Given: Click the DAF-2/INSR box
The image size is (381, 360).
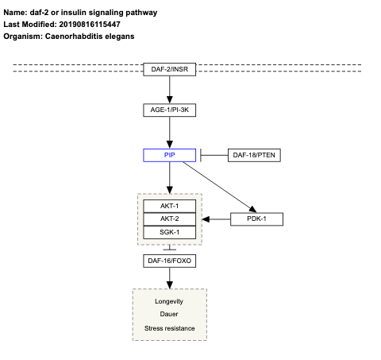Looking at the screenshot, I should click(169, 70).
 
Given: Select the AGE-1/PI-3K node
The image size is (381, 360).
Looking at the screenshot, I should click(169, 110).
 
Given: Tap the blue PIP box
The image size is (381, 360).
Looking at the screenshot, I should click(169, 155).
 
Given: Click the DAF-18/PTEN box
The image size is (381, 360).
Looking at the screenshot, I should click(254, 155).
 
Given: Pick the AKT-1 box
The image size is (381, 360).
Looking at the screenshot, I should click(169, 205).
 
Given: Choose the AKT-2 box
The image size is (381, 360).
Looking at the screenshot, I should click(169, 219).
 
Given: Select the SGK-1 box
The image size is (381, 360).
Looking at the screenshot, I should click(169, 232).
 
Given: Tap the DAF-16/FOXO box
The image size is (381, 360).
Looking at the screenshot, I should click(169, 261).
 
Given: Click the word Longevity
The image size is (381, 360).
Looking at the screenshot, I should click(169, 301).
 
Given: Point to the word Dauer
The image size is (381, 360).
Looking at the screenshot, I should click(169, 315).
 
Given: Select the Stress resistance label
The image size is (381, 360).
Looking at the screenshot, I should click(169, 328).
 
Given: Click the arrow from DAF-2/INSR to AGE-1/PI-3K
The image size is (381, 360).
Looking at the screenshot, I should click(169, 90).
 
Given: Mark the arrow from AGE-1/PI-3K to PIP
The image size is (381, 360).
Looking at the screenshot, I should click(169, 132).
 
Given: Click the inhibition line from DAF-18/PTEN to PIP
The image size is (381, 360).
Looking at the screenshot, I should click(214, 155).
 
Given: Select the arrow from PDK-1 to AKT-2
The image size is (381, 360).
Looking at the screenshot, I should click(216, 219).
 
